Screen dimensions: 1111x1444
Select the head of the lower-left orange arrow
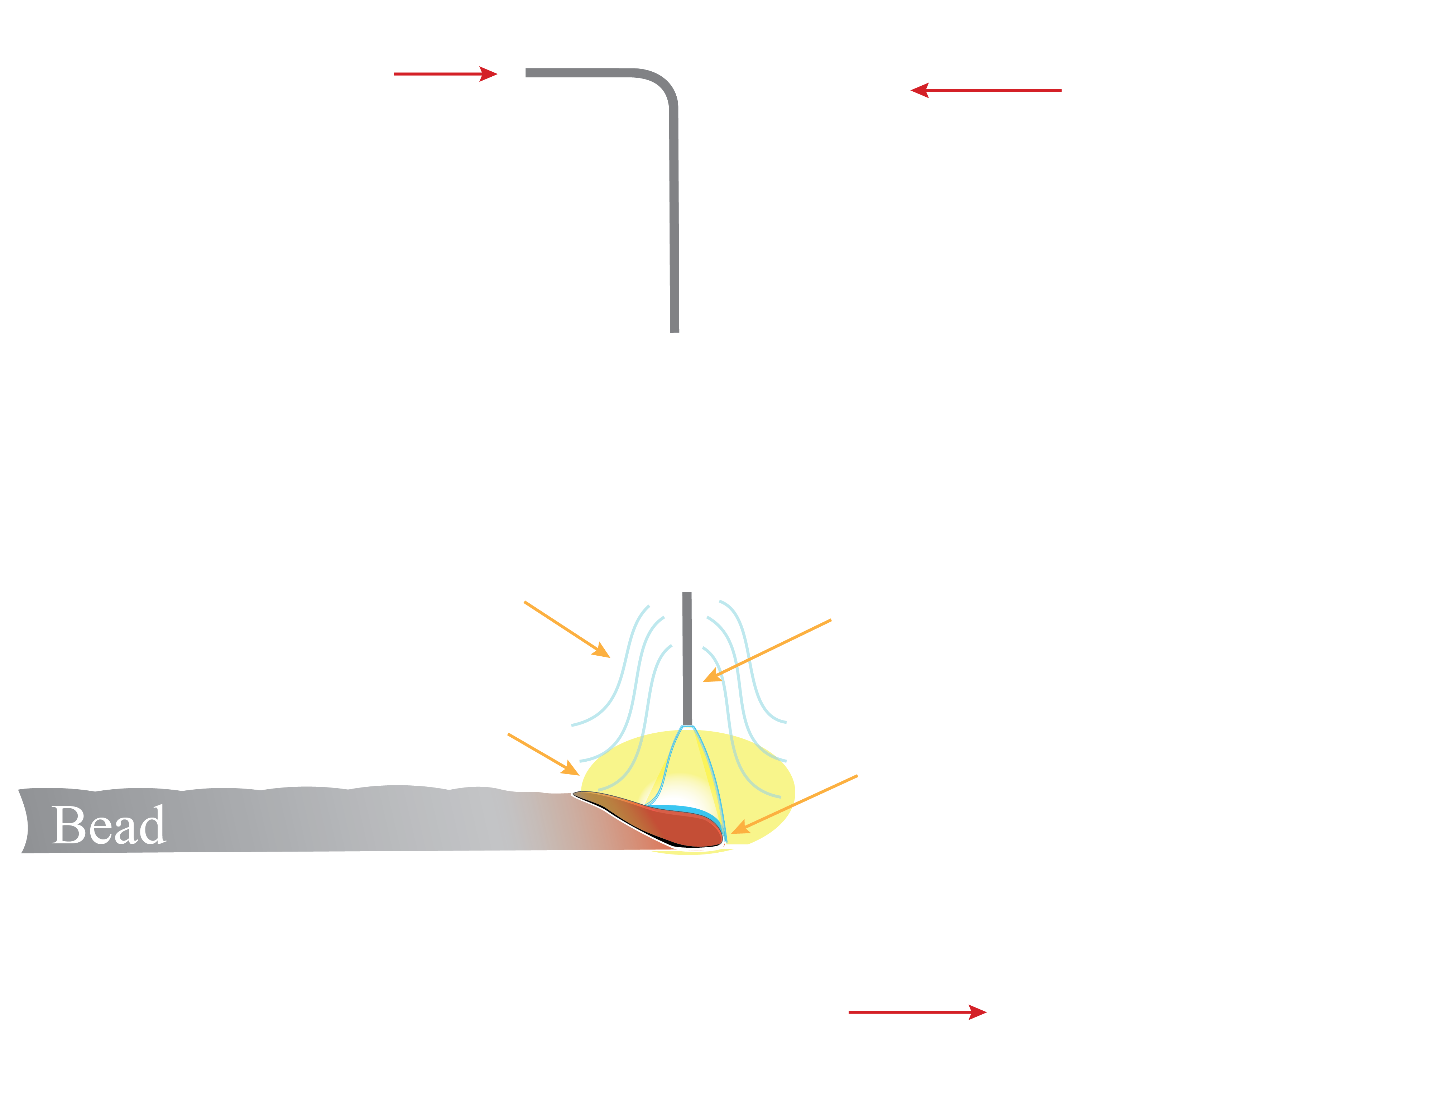tap(576, 772)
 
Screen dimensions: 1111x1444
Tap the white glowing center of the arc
tap(681, 790)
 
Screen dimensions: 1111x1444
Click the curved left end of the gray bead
tap(25, 820)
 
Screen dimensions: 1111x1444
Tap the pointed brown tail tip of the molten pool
tap(575, 794)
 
